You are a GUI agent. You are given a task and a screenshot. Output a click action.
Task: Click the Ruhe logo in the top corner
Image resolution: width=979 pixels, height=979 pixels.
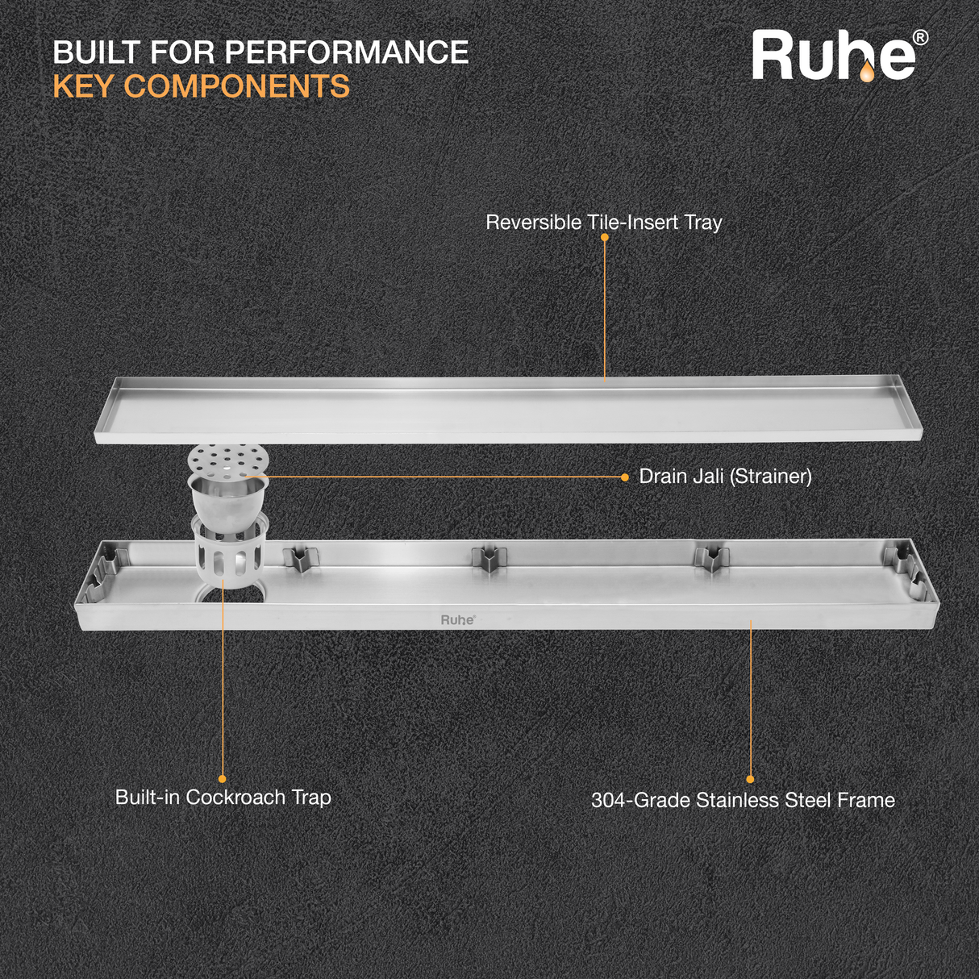[x=834, y=56]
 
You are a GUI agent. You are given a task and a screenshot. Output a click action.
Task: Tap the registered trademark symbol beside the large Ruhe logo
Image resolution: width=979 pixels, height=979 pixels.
[x=920, y=37]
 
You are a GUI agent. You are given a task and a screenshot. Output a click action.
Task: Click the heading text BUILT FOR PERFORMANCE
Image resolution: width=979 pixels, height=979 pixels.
[x=260, y=52]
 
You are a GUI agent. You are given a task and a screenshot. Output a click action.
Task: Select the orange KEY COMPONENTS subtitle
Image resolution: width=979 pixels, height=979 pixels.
[x=201, y=86]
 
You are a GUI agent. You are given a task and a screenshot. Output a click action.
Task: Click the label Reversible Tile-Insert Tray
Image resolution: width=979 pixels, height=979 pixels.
[x=603, y=223]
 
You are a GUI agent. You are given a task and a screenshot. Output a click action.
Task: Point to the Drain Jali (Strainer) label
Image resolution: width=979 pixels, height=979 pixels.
[x=725, y=477]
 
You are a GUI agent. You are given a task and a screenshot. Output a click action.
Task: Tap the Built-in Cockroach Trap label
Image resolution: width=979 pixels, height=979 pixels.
[x=223, y=798]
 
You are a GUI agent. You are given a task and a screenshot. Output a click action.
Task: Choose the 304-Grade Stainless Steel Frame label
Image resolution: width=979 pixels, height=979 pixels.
[x=743, y=800]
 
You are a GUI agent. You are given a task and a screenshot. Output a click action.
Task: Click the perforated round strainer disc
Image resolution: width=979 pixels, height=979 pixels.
[x=228, y=460]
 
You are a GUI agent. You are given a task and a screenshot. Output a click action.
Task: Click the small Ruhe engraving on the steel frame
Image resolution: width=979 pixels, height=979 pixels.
[x=458, y=620]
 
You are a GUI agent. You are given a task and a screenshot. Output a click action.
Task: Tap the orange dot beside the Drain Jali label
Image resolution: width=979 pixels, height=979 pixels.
[x=625, y=477]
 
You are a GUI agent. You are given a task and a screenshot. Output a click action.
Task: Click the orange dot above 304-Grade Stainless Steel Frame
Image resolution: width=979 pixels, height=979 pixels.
[x=750, y=779]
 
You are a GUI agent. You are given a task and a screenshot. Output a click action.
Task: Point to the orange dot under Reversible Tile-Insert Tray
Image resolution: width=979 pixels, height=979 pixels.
[x=605, y=238]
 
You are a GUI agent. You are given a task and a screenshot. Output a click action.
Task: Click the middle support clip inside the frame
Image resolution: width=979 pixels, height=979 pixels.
[x=489, y=559]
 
